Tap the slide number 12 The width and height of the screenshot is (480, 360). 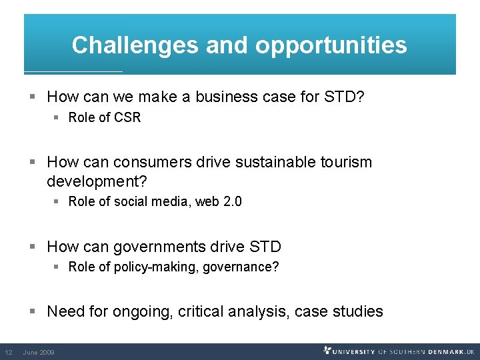(9, 352)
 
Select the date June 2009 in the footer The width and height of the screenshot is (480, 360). (39, 352)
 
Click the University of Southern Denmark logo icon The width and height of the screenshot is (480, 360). (327, 350)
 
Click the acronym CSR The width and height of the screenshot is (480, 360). (127, 118)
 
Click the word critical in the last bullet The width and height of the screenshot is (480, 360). (201, 311)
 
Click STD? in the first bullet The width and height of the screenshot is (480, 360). (344, 97)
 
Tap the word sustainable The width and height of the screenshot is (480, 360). (267, 162)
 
